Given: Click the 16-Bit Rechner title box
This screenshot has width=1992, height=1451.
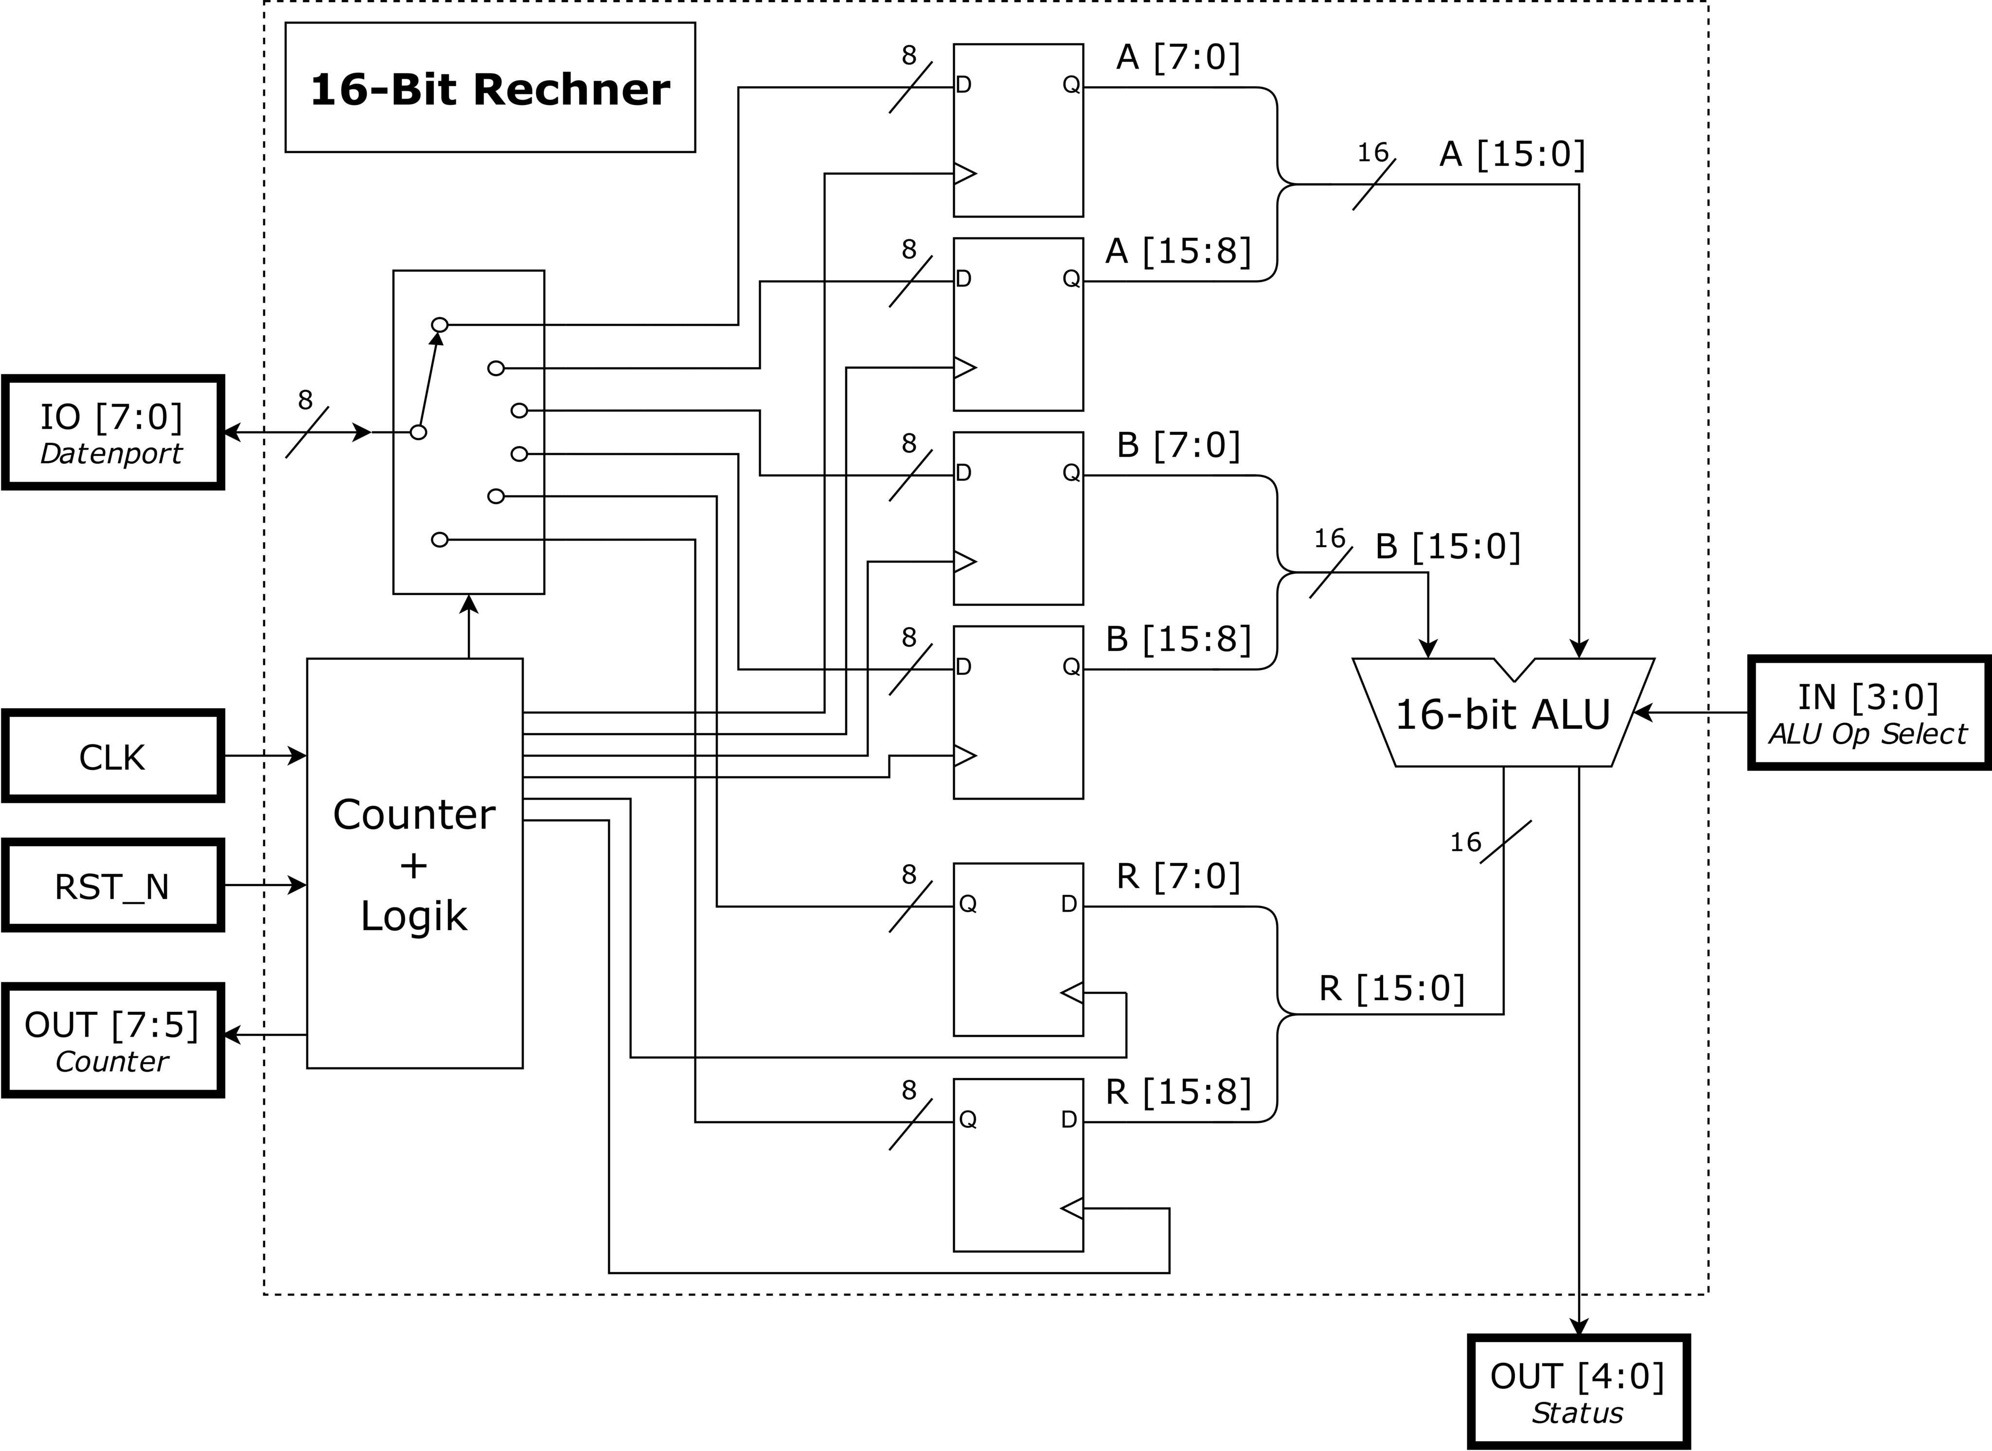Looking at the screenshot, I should click(490, 88).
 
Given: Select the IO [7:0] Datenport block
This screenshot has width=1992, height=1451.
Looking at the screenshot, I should click(112, 432).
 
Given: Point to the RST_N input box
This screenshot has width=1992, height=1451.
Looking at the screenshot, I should click(112, 885).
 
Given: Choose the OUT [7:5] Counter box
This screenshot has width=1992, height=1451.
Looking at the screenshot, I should click(112, 1041).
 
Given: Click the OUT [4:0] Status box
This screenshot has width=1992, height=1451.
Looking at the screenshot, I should click(1578, 1392).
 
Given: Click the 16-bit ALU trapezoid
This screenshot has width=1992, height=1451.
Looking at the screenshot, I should click(1503, 713).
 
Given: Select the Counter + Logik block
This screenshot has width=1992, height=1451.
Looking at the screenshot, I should click(414, 864).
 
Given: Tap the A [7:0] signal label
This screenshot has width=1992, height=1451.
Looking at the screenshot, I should click(1178, 58).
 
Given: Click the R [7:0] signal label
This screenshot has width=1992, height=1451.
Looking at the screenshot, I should click(1178, 877).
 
